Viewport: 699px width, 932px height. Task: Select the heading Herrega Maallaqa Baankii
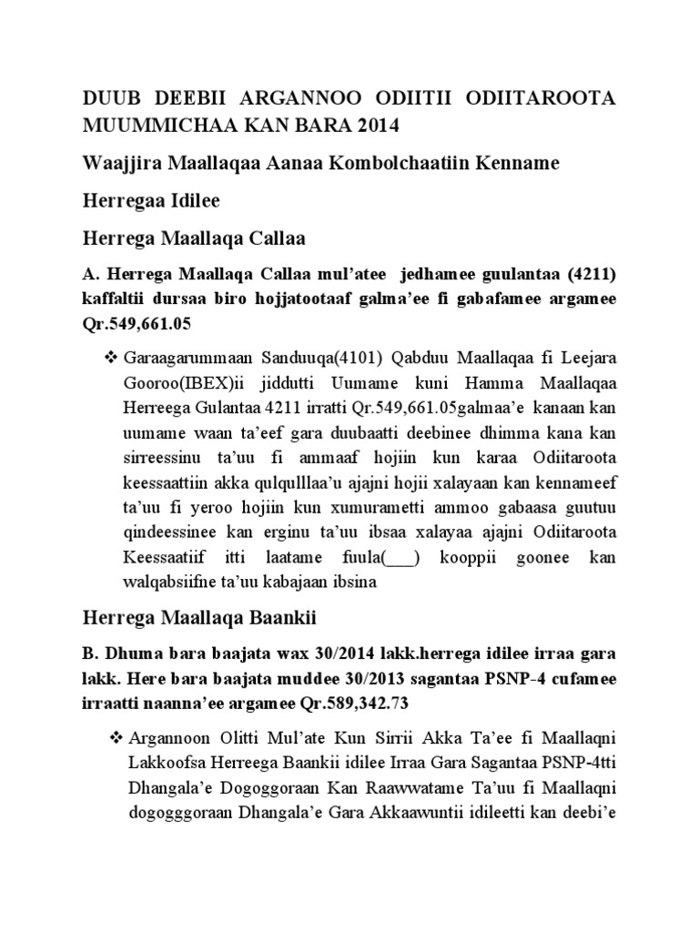click(198, 618)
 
